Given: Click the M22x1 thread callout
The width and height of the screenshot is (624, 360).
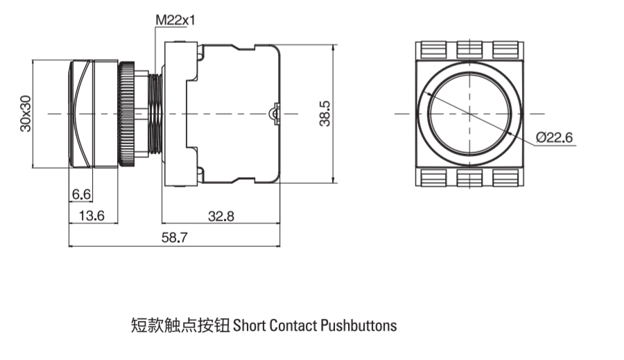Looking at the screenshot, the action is point(175,20).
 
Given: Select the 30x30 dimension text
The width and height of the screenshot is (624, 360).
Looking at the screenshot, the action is point(26,114).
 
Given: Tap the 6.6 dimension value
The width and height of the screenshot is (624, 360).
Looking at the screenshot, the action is point(81,194).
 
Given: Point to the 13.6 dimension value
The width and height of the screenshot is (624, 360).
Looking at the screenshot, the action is point(92,216).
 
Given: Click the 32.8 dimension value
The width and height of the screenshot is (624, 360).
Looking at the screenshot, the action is point(221,216).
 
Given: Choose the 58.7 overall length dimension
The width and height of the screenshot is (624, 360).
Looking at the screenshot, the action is point(174,237).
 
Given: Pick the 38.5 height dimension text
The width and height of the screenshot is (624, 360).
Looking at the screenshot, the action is point(324,114).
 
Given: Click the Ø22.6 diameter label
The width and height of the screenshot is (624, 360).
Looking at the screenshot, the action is point(554,137).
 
